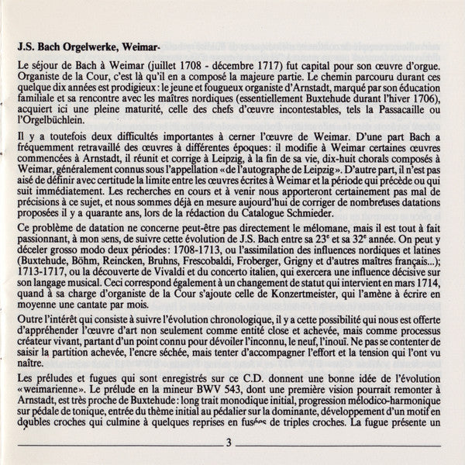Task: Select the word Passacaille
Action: tap(401, 114)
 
